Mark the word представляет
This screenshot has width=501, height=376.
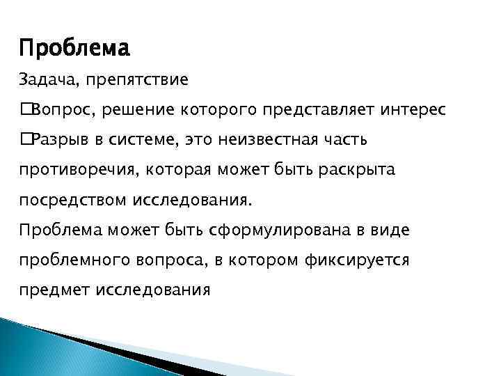[x=317, y=110]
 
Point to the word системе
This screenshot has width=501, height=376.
[x=143, y=140]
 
